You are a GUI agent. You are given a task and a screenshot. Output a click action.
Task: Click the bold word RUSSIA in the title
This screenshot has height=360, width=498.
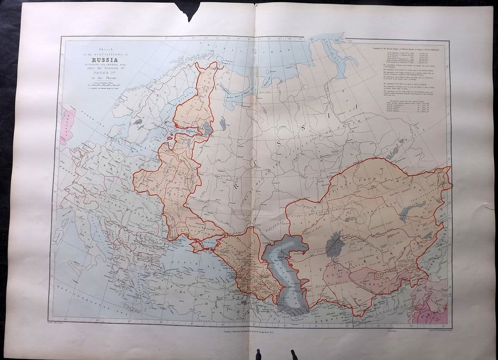[x=104, y=58]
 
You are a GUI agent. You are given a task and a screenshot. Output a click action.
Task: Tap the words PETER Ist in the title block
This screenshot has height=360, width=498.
[x=104, y=71]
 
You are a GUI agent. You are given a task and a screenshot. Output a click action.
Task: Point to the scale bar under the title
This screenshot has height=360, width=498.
[x=104, y=84]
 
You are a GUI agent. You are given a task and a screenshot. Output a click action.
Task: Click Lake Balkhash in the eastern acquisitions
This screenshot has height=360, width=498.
[x=412, y=211]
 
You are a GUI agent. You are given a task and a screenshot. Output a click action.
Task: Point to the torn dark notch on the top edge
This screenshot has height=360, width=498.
[x=191, y=11]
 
